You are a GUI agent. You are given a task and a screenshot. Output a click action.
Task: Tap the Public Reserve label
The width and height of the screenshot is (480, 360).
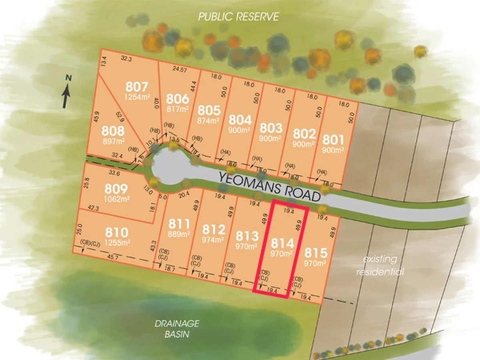(x=239, y=17)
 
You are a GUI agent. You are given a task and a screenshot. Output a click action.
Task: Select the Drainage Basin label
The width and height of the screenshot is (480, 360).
(x=176, y=328)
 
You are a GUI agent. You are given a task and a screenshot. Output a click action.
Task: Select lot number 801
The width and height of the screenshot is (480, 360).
(x=333, y=140)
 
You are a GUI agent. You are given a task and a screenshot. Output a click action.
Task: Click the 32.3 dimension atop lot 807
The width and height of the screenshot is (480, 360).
(x=126, y=58)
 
